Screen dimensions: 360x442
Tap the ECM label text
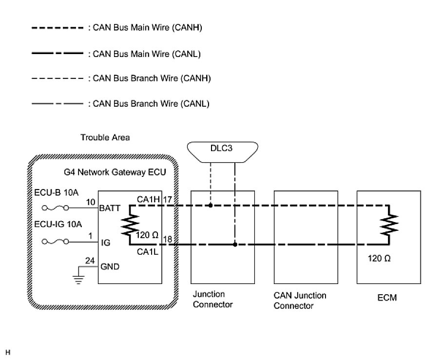[x=387, y=298]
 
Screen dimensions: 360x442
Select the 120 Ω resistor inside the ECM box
[x=390, y=224]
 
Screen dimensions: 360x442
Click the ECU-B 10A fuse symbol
[x=55, y=208]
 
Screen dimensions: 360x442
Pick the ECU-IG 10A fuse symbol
[x=55, y=241]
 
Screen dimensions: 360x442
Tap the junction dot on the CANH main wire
[x=211, y=205]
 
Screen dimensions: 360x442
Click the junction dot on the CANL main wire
[x=235, y=245]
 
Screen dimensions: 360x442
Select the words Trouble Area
[x=105, y=138]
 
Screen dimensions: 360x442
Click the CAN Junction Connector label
[x=300, y=301]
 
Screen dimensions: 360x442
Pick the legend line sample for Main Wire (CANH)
[x=57, y=28]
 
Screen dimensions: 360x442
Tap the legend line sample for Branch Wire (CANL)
[x=57, y=103]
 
